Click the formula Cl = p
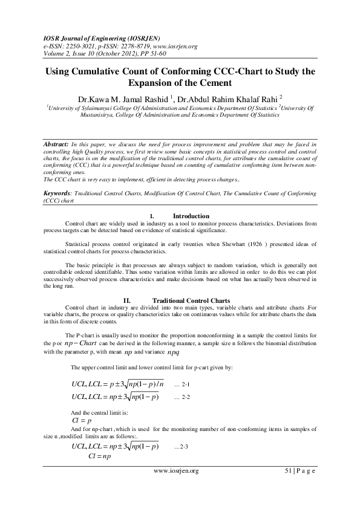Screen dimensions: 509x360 click(x=81, y=420)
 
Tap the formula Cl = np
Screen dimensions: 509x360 click(x=97, y=458)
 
